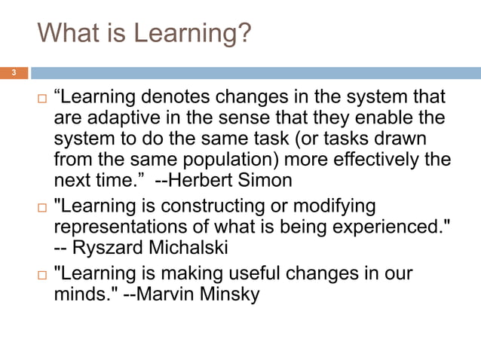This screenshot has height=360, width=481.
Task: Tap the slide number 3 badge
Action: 13,73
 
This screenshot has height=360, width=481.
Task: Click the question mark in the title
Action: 244,34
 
